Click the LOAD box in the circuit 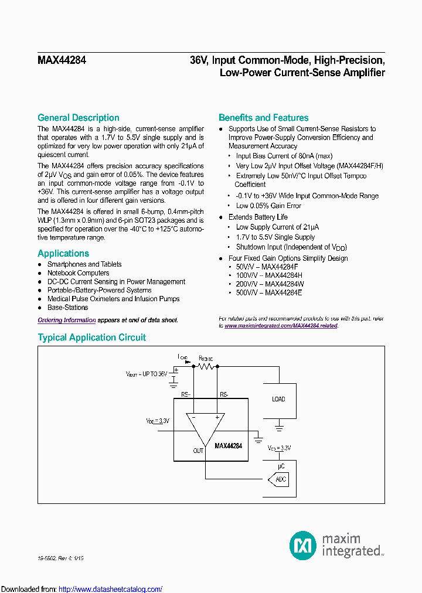click(x=278, y=399)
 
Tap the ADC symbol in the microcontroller click(x=280, y=480)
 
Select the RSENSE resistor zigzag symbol click(x=206, y=366)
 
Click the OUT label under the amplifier click(x=198, y=451)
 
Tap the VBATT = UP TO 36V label click(x=147, y=373)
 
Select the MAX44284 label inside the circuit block click(x=228, y=446)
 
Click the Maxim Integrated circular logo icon click(x=303, y=545)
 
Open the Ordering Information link click(x=66, y=320)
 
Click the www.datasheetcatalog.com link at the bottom click(x=111, y=589)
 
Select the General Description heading click(x=78, y=118)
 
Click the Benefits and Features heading click(x=263, y=118)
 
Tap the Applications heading click(x=63, y=253)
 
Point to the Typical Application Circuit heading click(x=91, y=338)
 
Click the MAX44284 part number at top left click(x=62, y=60)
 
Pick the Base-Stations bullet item click(x=67, y=307)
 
